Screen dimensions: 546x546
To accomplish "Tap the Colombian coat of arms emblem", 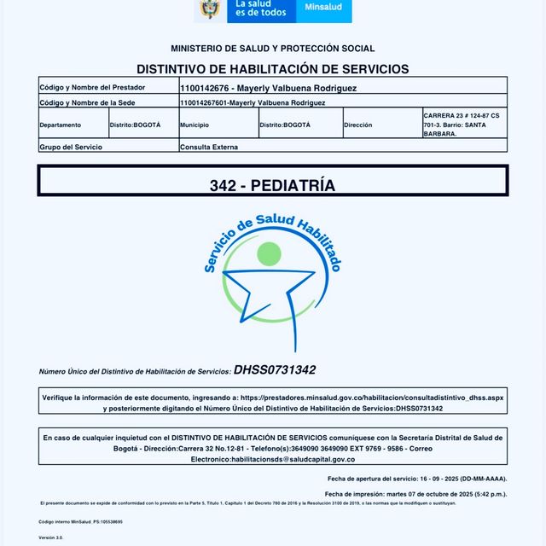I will pyautogui.click(x=209, y=9).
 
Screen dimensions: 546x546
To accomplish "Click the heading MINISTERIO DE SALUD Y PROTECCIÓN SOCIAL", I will pyautogui.click(x=272, y=49).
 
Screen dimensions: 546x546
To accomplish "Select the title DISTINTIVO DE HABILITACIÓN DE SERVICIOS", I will pyautogui.click(x=272, y=69).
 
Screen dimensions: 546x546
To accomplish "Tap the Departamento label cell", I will pyautogui.click(x=61, y=125).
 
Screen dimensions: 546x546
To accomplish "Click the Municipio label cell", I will pyautogui.click(x=195, y=125).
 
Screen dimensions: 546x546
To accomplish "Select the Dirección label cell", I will pyautogui.click(x=358, y=125).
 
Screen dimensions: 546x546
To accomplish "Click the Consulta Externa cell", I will pyautogui.click(x=210, y=147).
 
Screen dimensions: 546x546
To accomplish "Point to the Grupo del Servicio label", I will pyautogui.click(x=71, y=147).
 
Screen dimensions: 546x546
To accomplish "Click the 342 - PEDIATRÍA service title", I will pyautogui.click(x=272, y=185).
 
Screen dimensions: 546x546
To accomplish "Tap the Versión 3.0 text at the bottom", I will pyautogui.click(x=51, y=537).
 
